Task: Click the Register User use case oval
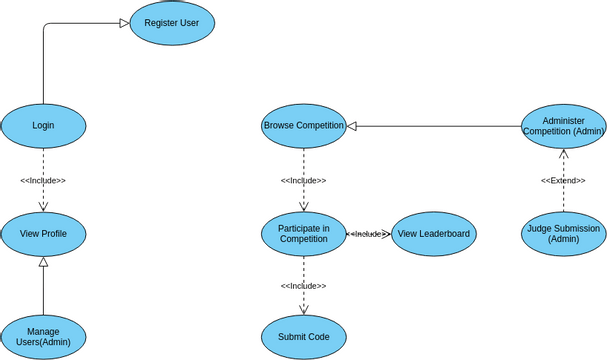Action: (172, 22)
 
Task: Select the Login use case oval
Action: (43, 125)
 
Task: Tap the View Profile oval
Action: (43, 234)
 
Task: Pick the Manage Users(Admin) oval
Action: (43, 337)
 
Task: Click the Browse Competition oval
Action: (303, 126)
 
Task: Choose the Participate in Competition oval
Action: (303, 233)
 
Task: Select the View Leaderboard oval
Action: (433, 234)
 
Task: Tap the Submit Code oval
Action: (303, 337)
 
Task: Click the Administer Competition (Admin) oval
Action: (563, 126)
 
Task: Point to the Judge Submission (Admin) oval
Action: (563, 234)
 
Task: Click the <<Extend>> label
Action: (563, 181)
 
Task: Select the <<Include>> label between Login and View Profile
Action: (43, 181)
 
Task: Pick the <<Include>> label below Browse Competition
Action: (303, 181)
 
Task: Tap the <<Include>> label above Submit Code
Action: (303, 286)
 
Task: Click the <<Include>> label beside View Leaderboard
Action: (368, 234)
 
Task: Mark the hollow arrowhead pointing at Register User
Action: (124, 23)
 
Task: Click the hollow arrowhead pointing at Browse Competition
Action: (352, 126)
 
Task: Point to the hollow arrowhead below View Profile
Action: (43, 262)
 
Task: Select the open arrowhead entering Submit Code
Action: (303, 311)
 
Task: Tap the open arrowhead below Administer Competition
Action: (563, 154)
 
